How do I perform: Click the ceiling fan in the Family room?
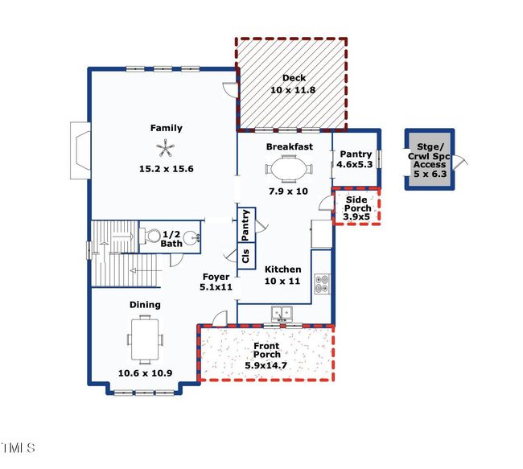coord(165,149)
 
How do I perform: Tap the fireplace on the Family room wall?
coord(80,150)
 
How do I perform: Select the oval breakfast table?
coord(289,169)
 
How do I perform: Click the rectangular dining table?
coord(145,339)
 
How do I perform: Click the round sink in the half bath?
coord(191,237)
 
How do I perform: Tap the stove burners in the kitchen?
coord(322,284)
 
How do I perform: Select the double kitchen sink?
coord(282,313)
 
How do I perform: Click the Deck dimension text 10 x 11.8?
coord(293,90)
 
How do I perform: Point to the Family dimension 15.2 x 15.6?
coord(166,169)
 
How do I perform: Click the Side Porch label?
coord(356,204)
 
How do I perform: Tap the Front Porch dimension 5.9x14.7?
coord(266,365)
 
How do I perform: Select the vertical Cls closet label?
coord(246,256)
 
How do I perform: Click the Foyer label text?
coord(216,277)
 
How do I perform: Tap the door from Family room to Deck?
coord(230,89)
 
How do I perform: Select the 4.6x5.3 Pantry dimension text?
coord(355,164)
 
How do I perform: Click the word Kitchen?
coord(283,269)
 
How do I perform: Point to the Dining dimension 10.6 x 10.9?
coord(145,373)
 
